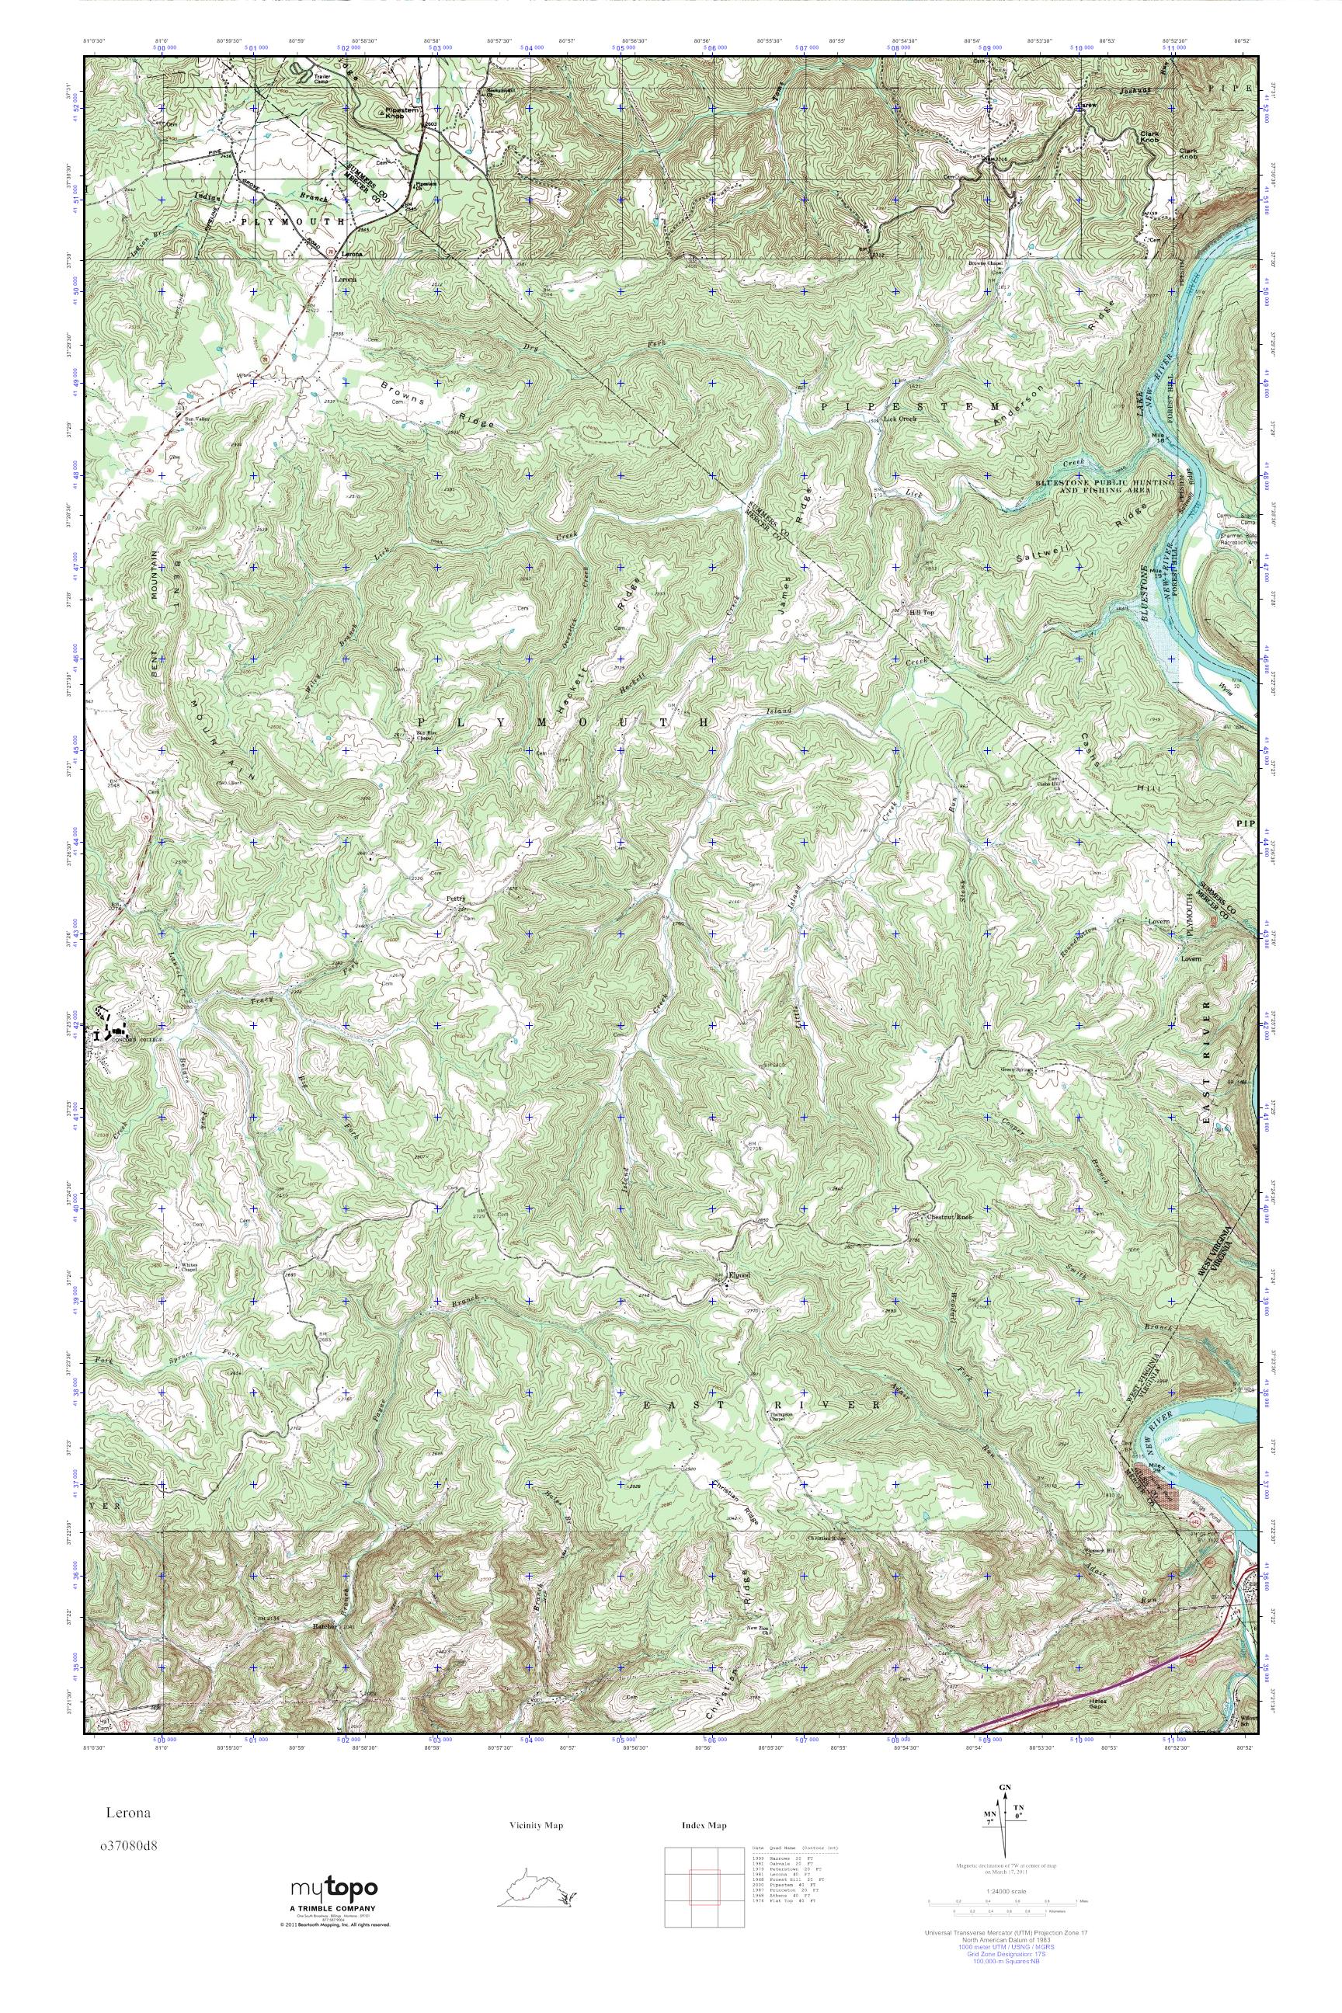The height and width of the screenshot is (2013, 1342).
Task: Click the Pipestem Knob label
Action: (399, 114)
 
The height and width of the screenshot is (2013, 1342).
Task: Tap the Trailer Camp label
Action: (322, 81)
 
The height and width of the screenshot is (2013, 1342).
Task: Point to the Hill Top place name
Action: (920, 611)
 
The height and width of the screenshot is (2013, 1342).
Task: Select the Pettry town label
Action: (455, 899)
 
